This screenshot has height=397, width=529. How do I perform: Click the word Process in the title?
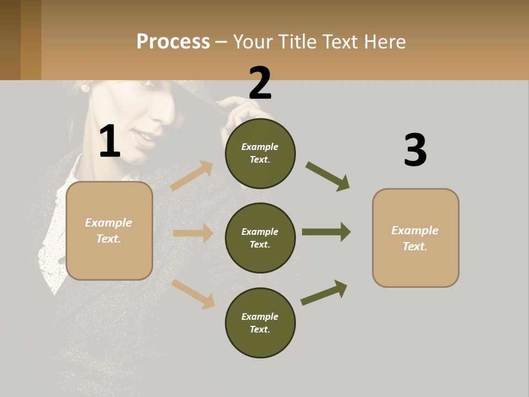point(173,42)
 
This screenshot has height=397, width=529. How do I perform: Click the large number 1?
point(110,141)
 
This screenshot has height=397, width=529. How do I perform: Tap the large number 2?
point(260,83)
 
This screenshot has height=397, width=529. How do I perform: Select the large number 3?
point(415,151)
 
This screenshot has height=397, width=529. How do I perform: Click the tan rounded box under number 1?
point(109,230)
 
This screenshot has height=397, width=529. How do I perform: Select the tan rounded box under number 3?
point(415,238)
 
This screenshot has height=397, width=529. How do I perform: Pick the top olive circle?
point(260,153)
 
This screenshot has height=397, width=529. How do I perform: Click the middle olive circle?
point(260,238)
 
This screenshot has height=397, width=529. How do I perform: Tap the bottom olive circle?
point(260,323)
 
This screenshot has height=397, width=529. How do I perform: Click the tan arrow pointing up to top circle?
point(192,176)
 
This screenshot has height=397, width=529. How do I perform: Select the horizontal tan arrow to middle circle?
point(193,233)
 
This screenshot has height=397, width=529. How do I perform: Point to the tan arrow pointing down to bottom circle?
point(193,294)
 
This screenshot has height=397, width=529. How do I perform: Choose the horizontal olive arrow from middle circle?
point(326,232)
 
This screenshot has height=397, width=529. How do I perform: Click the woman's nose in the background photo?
point(166,110)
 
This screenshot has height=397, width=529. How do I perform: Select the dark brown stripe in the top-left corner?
point(10,40)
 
